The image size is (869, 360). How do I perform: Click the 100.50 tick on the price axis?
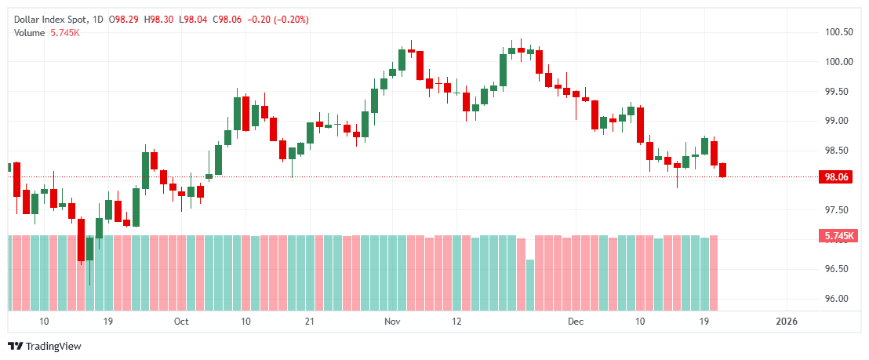[x=838, y=32]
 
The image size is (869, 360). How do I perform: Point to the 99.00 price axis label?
[x=838, y=121]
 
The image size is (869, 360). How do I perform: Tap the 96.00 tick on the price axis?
[x=838, y=299]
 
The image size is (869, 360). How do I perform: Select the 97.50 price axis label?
[x=838, y=210]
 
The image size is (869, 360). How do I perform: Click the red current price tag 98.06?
[x=834, y=177]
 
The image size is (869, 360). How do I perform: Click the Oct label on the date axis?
[x=181, y=322]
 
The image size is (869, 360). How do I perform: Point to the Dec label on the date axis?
[x=576, y=322]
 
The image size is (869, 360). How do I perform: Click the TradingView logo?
[x=45, y=346]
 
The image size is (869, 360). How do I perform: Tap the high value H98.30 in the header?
[x=158, y=18]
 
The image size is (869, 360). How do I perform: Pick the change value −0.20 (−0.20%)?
[x=276, y=18]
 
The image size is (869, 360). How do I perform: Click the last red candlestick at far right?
[x=723, y=169]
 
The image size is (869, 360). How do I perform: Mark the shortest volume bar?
[x=530, y=285]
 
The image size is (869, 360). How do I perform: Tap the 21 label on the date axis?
[x=309, y=322]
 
